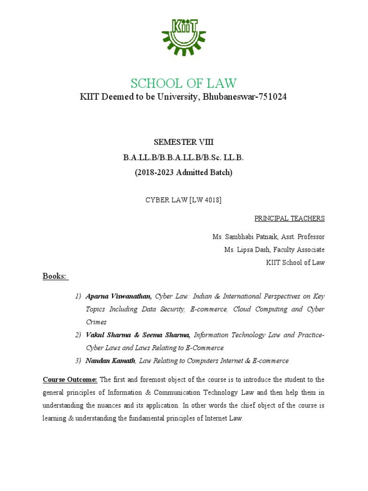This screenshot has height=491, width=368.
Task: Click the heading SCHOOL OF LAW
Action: (x=184, y=83)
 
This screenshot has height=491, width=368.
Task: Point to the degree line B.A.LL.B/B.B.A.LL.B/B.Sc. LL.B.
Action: (x=184, y=157)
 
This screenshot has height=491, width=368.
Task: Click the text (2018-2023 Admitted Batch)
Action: (x=184, y=173)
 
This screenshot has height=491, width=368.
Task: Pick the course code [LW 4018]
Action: (x=206, y=200)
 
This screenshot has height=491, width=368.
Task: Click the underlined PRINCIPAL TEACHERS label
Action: (x=289, y=218)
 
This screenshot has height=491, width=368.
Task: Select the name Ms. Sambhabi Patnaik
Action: (x=244, y=237)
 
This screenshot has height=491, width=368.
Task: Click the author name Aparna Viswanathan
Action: (x=118, y=296)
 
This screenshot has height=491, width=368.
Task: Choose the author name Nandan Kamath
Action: (x=110, y=360)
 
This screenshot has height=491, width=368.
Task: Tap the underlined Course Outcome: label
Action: (x=70, y=379)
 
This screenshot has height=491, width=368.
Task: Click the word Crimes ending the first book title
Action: (x=96, y=322)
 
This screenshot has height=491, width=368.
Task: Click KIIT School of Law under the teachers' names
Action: (x=295, y=262)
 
